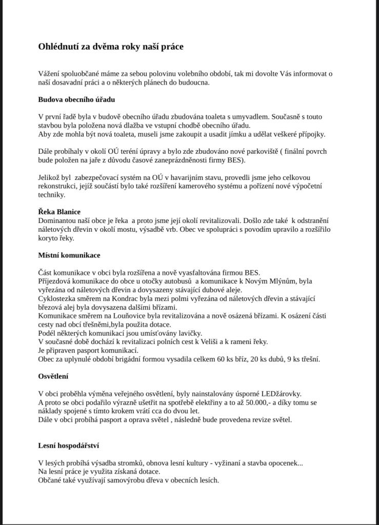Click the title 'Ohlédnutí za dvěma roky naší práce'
coord(111,47)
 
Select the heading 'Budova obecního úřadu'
coord(76,99)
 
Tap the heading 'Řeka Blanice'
coord(59,212)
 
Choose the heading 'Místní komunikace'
coord(69,255)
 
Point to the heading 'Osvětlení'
coord(53,376)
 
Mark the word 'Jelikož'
coord(50,177)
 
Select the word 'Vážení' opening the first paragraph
coord(50,73)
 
